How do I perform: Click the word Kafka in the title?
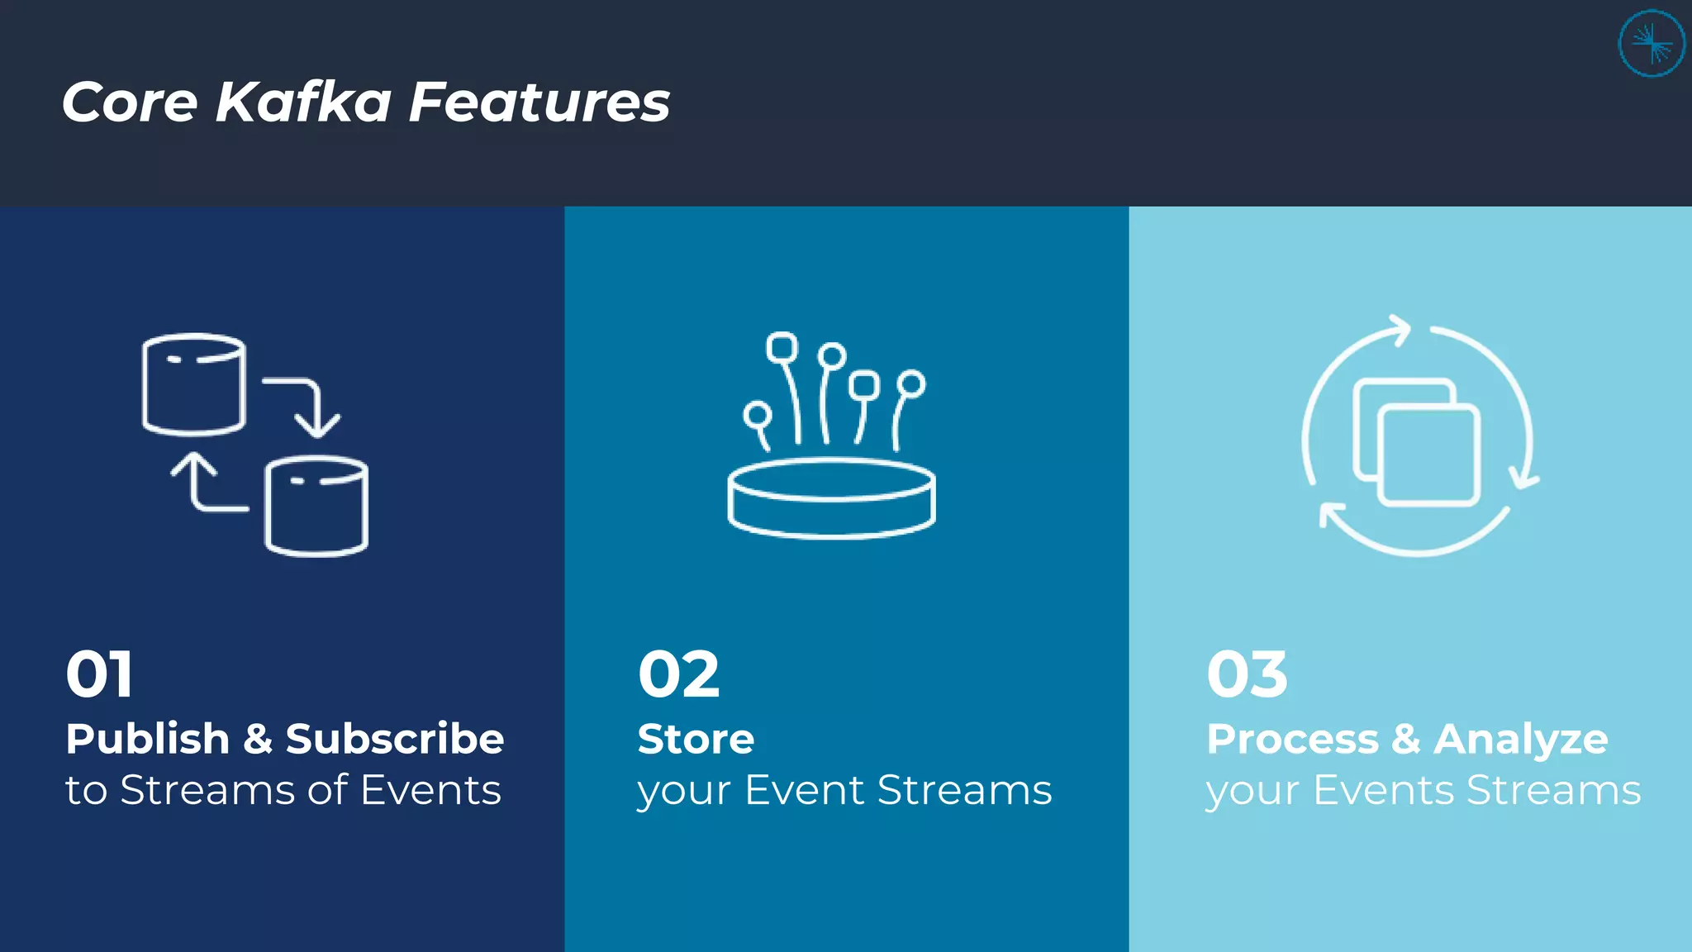303,102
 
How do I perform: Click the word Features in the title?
539,102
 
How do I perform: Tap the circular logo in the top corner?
1651,44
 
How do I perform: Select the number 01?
99,674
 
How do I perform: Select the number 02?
678,674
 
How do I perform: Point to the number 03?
1247,674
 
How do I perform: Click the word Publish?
147,739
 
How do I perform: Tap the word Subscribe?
394,739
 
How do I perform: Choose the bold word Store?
696,739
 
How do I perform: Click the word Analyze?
1520,739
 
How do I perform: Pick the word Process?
1292,739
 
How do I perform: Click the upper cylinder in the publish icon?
194,384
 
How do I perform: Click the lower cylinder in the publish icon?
316,506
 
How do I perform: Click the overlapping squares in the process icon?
1416,441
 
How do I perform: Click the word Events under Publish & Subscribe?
430,790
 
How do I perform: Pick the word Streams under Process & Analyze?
1553,790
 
